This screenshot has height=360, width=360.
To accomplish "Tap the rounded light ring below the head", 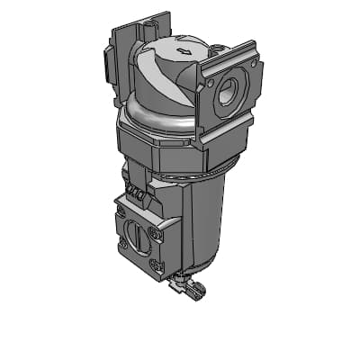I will click(153, 112).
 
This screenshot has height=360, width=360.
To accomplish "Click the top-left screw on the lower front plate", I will click(121, 211).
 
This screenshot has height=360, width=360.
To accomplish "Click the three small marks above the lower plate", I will click(137, 193).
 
